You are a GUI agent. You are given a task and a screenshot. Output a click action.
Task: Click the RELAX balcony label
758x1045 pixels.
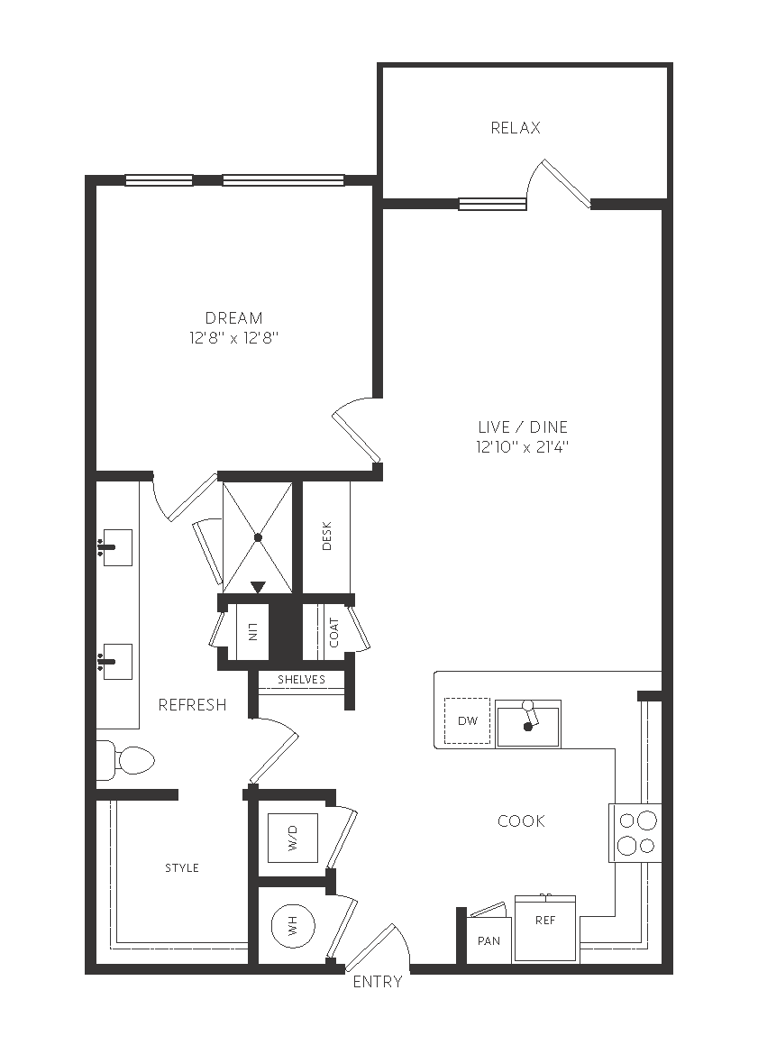(516, 128)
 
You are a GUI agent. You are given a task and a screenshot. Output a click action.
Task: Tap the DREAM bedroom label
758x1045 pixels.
(233, 318)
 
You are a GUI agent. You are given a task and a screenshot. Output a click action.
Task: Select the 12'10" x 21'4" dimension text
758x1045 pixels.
(522, 446)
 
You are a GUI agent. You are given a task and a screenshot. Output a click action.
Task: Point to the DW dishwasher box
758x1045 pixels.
(468, 720)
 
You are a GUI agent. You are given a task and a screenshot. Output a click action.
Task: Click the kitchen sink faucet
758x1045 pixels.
(529, 715)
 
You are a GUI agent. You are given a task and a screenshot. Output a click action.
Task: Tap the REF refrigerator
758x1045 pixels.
(545, 928)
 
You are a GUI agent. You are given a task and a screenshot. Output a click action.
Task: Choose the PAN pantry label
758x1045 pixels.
(489, 941)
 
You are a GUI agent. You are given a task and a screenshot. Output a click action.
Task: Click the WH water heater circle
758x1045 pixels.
(293, 926)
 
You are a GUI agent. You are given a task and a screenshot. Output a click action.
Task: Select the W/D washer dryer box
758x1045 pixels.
(293, 838)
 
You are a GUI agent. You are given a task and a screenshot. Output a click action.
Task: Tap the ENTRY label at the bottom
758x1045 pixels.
(378, 982)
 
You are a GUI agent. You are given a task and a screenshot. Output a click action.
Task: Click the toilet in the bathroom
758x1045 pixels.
(126, 760)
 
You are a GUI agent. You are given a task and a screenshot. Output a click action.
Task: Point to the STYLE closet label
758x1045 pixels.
(182, 867)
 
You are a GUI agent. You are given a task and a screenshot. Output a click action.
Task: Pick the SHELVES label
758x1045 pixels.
(302, 680)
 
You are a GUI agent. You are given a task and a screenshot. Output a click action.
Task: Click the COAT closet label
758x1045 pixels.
(334, 632)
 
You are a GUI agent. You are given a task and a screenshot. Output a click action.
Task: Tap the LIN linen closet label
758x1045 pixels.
(252, 632)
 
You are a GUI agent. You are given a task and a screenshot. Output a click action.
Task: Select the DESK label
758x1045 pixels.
(327, 536)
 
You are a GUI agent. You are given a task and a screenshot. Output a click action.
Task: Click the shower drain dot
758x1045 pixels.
(258, 537)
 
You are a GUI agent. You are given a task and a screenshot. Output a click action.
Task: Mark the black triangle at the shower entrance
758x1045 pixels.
(258, 587)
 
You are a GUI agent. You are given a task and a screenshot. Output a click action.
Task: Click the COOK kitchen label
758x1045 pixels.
(522, 821)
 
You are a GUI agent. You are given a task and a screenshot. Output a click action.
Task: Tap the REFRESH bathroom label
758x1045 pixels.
(193, 705)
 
